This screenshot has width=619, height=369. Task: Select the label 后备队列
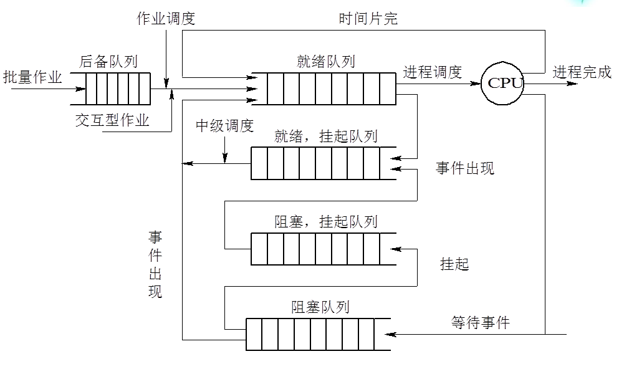pos(108,61)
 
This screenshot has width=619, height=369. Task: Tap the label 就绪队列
pos(326,61)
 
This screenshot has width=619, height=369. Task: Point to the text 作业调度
pos(166,18)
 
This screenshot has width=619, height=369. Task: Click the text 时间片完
pos(368,18)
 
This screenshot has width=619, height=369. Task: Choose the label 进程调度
pos(432,72)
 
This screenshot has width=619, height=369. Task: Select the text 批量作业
pos(32,77)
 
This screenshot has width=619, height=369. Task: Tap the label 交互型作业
pos(112,120)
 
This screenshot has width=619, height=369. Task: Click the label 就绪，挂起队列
pos(325,137)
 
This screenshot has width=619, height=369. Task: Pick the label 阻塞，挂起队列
pos(325,221)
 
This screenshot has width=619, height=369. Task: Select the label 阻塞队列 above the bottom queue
pos(320,307)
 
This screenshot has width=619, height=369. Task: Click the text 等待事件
pos(480,322)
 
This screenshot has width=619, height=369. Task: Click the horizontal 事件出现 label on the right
pos(465,168)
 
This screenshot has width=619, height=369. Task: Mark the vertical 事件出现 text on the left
pos(155,264)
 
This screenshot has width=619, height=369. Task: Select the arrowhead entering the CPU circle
pos(476,83)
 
